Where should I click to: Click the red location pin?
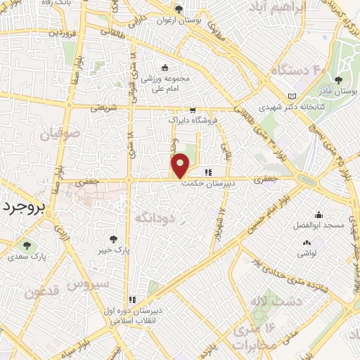tap(181, 165)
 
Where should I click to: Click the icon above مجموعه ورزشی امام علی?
tap(165, 67)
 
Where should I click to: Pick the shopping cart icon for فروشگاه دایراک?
tap(192, 110)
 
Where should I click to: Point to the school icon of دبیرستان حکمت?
tap(207, 172)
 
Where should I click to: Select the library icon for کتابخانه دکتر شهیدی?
tap(292, 96)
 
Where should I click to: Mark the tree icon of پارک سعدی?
tap(27, 245)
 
